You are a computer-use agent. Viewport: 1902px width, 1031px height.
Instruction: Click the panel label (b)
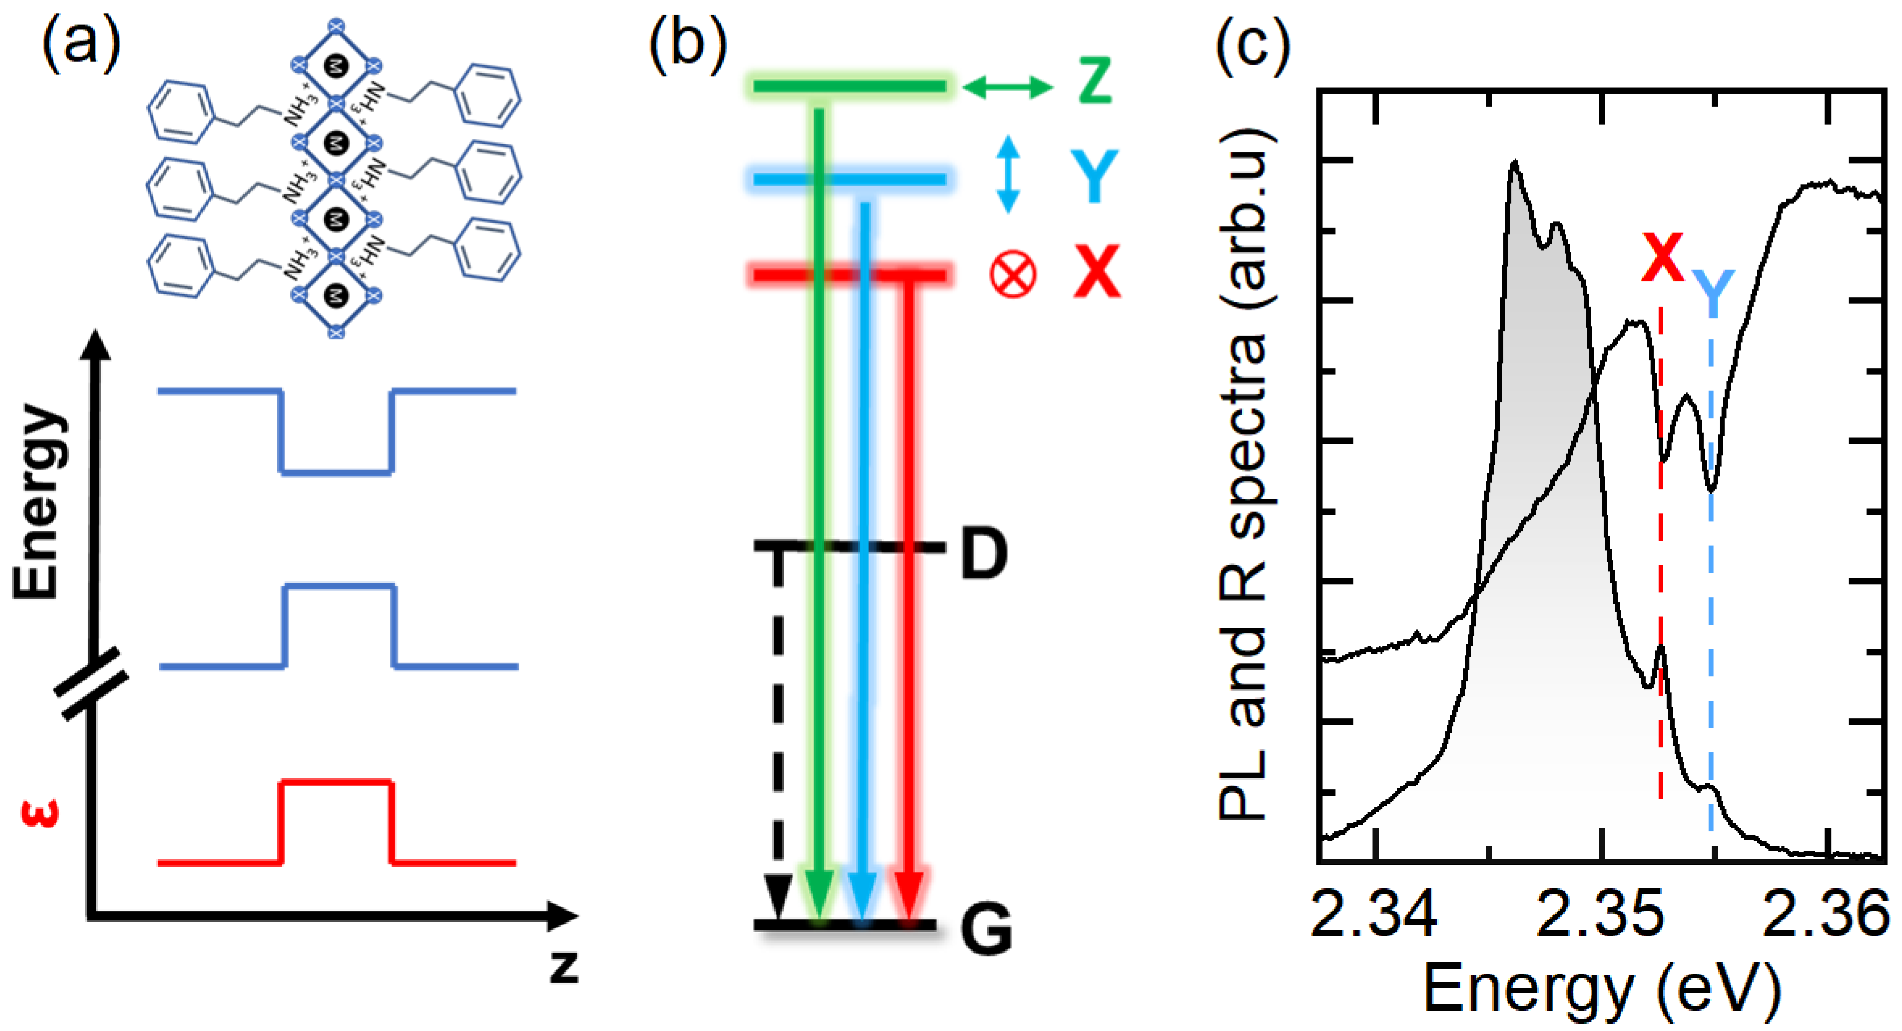click(x=688, y=44)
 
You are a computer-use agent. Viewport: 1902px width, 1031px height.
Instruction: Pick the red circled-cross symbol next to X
click(x=1012, y=274)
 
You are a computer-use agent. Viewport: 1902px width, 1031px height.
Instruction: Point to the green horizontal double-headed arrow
click(x=1007, y=87)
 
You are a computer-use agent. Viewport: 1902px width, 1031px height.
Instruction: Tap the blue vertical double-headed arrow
click(x=1008, y=174)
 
